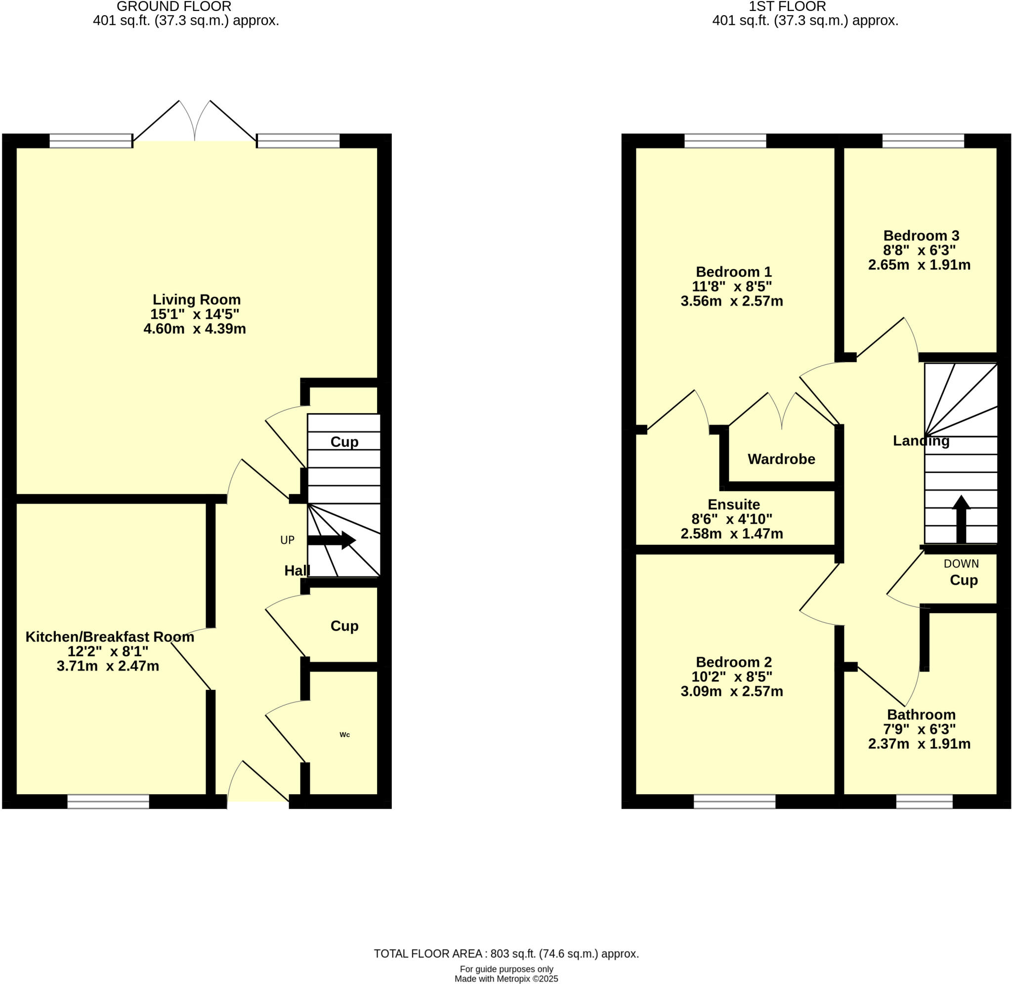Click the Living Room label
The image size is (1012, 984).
(x=196, y=300)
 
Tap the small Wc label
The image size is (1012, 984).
(x=344, y=735)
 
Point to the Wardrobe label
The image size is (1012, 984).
(x=781, y=459)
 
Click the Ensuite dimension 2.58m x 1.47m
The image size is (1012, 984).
(x=731, y=534)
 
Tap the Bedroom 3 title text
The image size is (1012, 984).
(x=921, y=236)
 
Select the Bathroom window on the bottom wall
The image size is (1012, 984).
(x=924, y=802)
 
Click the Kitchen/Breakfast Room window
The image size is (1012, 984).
(x=108, y=802)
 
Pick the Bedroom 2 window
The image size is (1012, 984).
(x=734, y=802)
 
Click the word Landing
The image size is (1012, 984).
(x=921, y=441)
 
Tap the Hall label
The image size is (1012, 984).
(x=297, y=570)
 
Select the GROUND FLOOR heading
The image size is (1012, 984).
(x=174, y=7)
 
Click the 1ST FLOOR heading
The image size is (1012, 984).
(x=787, y=7)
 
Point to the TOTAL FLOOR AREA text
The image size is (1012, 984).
(x=506, y=953)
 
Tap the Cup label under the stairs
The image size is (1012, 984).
(x=344, y=442)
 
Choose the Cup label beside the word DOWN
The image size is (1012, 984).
(x=964, y=580)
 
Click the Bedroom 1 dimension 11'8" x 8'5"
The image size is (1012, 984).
(x=731, y=286)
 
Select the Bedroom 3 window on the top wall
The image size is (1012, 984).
(x=923, y=140)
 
